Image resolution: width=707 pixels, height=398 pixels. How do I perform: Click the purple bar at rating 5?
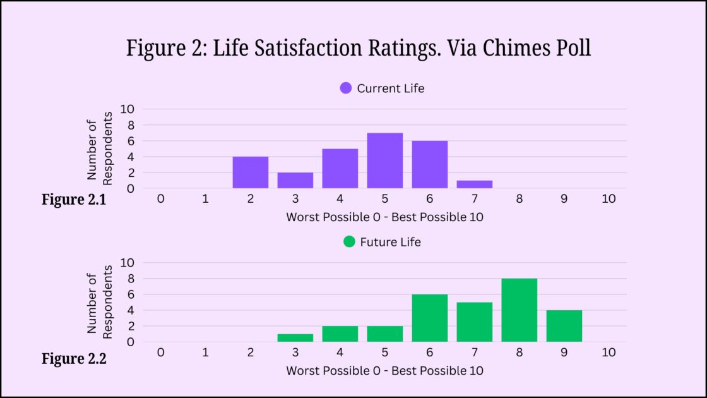pos(384,160)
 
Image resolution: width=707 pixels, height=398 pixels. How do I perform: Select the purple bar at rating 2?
pos(250,172)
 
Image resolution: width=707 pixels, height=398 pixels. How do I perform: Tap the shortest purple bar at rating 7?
pos(474,184)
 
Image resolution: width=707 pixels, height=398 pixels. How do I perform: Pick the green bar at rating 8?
pos(519,310)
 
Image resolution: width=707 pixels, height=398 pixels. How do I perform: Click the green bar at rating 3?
pos(295,338)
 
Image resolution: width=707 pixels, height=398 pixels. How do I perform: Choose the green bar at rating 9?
pos(564,326)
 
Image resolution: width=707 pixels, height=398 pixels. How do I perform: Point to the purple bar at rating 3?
pos(295,180)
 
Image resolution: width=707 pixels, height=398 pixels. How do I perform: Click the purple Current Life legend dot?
pos(346,88)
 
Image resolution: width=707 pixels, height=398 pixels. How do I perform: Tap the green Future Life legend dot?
pos(349,242)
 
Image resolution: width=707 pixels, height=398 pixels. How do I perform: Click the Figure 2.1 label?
pos(74,200)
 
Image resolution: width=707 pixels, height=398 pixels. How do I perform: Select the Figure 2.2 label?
pos(74,359)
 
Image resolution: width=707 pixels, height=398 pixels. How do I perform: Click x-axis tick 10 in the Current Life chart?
pos(608,199)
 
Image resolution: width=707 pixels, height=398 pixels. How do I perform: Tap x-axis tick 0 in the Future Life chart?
pos(160,353)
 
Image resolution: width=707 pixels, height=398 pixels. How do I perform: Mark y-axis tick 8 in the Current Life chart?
pos(129,125)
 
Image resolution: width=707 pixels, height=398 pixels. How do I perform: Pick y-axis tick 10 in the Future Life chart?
pos(127,262)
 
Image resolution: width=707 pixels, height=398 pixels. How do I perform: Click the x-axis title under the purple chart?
pos(385,217)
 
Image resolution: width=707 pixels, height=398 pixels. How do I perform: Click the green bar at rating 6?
pos(429,318)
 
